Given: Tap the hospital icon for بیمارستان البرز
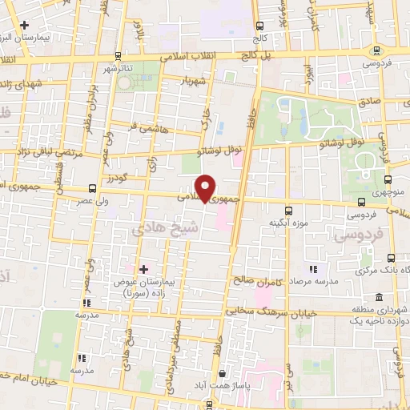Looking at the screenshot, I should [25, 26].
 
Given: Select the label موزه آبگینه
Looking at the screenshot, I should [285, 222].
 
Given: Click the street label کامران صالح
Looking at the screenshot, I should [270, 279].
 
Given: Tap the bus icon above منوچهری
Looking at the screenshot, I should [388, 180].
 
